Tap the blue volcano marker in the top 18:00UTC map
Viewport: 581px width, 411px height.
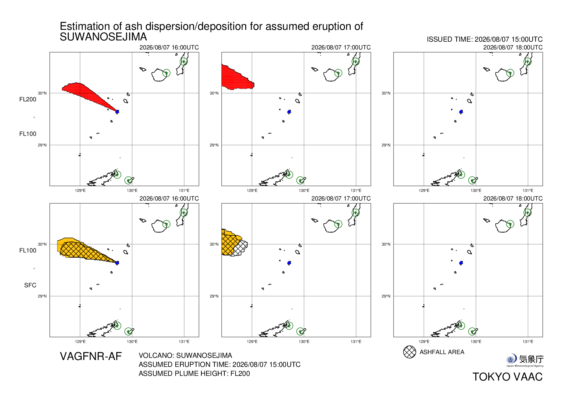point(461,112)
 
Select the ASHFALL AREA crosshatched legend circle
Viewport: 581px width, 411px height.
point(409,352)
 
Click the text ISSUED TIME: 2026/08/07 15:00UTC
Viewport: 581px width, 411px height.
point(485,39)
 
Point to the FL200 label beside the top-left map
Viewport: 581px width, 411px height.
point(28,99)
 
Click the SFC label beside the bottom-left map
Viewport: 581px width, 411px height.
point(30,285)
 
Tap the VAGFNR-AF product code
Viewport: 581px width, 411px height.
point(91,356)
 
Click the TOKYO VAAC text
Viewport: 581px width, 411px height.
point(508,377)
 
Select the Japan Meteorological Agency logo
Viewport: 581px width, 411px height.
point(525,360)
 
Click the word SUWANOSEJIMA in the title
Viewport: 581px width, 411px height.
point(103,37)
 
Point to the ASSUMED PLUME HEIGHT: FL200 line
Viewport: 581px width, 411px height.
point(194,374)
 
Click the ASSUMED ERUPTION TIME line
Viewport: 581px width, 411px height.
point(219,365)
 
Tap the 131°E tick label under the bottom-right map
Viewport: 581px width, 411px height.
point(528,342)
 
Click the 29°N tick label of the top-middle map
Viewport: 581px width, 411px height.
point(214,145)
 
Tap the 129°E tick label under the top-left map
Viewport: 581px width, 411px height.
point(80,191)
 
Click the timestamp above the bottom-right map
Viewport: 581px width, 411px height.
point(513,199)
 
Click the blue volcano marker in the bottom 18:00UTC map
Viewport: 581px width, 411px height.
point(461,263)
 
